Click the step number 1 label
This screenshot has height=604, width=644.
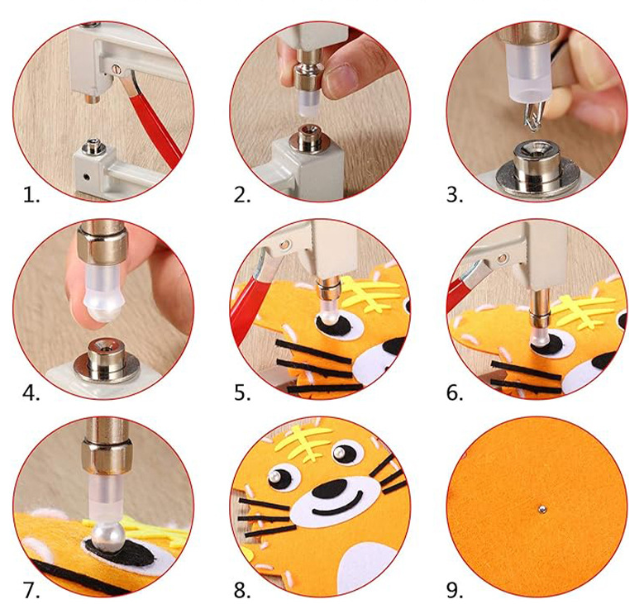[x=31, y=195]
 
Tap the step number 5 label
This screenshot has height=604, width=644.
[x=242, y=393]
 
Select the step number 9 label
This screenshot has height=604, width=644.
[x=455, y=590]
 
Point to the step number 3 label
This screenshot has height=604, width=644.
[x=455, y=195]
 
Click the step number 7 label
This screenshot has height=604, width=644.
[x=31, y=590]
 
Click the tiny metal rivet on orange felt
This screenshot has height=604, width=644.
[x=541, y=510]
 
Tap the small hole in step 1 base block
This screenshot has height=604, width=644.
[x=86, y=177]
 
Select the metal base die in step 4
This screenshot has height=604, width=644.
[x=106, y=360]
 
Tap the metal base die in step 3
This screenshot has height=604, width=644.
[x=537, y=168]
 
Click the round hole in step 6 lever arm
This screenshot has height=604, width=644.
[x=502, y=259]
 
